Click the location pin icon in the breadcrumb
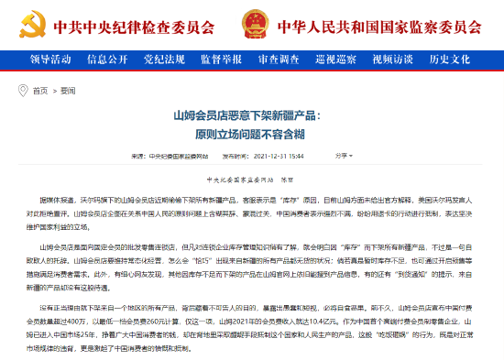[x=25, y=91]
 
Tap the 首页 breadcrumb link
[x=40, y=91]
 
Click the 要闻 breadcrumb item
[x=65, y=91]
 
